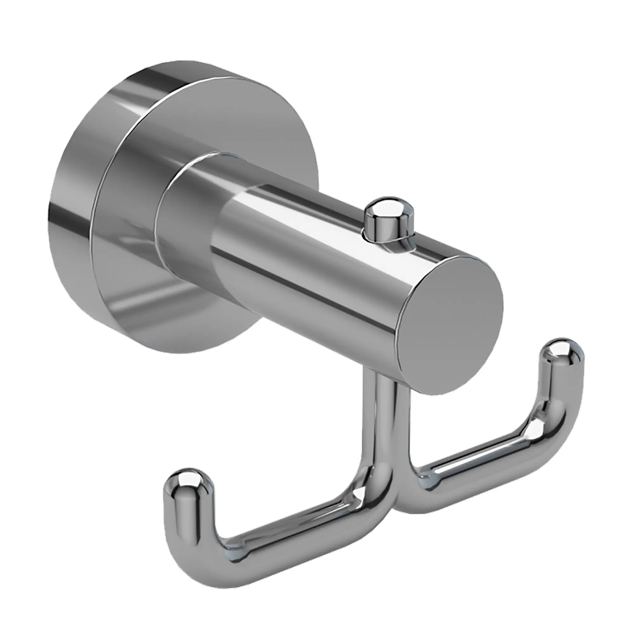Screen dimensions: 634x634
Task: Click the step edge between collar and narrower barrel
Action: coord(226,230)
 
